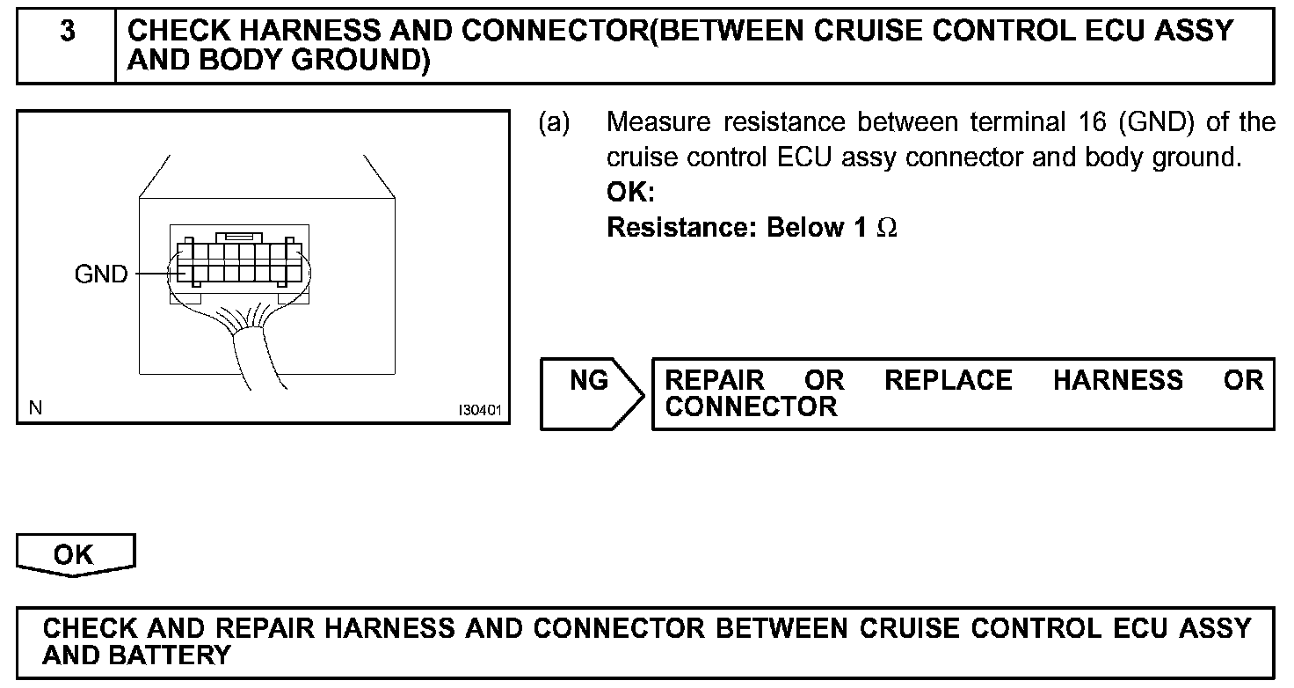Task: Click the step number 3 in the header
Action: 67,33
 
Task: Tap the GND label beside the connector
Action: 101,274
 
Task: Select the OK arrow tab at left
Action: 75,554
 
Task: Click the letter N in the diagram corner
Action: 35,408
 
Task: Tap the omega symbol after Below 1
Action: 888,229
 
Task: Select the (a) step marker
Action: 554,122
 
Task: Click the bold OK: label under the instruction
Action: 631,193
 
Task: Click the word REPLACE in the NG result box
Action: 948,381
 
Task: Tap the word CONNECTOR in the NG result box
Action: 752,407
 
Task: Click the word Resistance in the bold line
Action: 682,228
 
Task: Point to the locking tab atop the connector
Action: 239,237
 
